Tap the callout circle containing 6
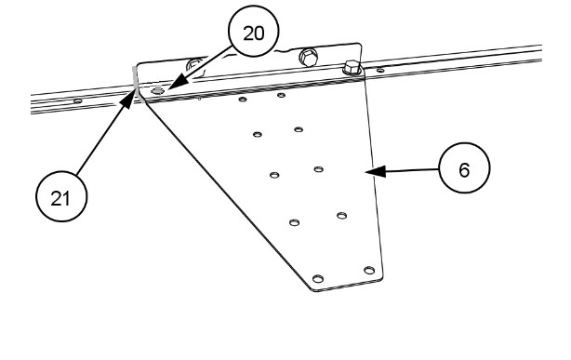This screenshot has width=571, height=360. point(464,168)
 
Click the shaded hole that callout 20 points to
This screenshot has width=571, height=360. point(157,91)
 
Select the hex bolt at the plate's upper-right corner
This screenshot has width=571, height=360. point(352,68)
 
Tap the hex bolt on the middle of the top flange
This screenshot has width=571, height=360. point(309,57)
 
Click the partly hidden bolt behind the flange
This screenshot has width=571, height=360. point(194,65)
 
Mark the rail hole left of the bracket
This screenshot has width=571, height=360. point(77,101)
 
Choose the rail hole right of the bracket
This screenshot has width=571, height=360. point(379,71)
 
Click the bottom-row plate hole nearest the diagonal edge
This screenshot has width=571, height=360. point(318,279)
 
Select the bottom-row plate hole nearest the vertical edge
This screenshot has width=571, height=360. point(369,271)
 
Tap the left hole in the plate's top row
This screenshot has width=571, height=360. point(243,100)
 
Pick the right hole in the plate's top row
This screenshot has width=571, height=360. point(281,96)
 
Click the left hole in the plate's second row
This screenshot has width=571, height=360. point(258,135)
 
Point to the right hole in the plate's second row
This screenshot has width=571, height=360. point(299,129)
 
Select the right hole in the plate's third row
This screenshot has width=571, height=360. point(318,169)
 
